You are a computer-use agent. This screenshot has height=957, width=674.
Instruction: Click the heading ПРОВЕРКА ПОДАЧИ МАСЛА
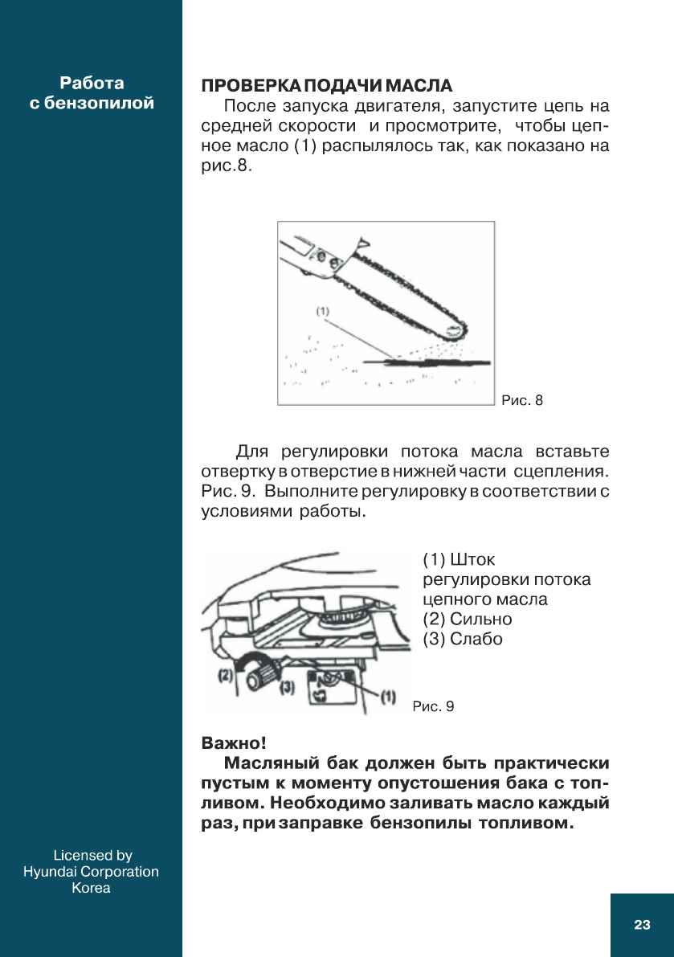pyautogui.click(x=326, y=85)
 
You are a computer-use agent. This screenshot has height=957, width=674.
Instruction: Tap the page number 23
pyautogui.click(x=641, y=925)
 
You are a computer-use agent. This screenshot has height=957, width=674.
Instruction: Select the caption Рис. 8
pyautogui.click(x=522, y=399)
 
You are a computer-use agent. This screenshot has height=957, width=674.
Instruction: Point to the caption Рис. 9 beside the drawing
pyautogui.click(x=433, y=706)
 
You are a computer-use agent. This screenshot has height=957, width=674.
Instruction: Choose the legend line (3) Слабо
pyautogui.click(x=462, y=639)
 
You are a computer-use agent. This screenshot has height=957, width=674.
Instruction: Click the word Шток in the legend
pyautogui.click(x=472, y=558)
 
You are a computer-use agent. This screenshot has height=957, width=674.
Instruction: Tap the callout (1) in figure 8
pyautogui.click(x=321, y=309)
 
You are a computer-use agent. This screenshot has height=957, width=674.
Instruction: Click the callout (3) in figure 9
pyautogui.click(x=287, y=688)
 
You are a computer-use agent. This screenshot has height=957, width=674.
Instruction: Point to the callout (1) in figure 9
pyautogui.click(x=387, y=693)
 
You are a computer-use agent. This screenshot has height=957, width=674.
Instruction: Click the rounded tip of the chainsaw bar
pyautogui.click(x=460, y=329)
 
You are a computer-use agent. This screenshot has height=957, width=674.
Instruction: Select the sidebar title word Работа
pyautogui.click(x=92, y=83)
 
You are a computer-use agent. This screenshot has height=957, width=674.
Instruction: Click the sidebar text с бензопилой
pyautogui.click(x=92, y=103)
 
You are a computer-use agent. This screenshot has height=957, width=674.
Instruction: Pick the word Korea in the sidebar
pyautogui.click(x=91, y=888)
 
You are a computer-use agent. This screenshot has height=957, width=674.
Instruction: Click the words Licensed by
pyautogui.click(x=92, y=856)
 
